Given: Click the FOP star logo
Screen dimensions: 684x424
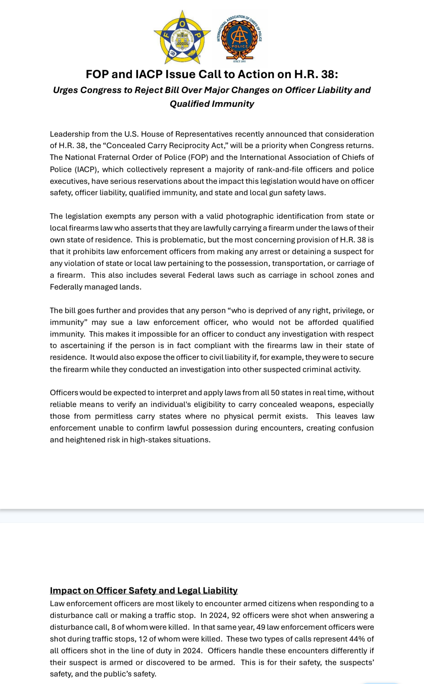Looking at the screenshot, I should pos(182,37).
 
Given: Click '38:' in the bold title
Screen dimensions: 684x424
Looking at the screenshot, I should pos(328,74).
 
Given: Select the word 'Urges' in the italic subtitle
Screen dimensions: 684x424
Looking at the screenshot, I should pos(65,90).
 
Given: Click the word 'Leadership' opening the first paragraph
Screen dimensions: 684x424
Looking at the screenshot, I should pos(69,134).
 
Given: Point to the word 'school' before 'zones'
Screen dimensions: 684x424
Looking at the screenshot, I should pos(321,275).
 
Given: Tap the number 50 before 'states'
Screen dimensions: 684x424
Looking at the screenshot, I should pos(275,392).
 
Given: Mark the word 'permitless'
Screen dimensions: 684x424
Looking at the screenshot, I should pos(113,416).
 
